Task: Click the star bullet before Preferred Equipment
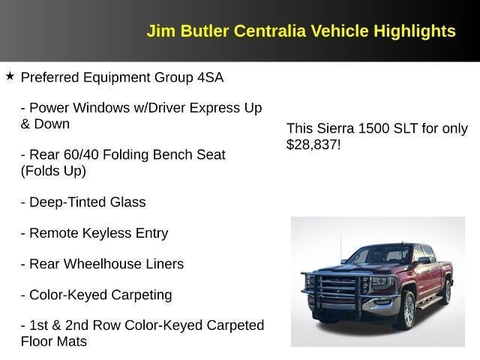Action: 10,76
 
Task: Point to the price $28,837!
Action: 313,144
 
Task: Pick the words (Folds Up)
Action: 53,170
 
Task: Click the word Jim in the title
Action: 160,31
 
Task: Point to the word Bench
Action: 174,154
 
